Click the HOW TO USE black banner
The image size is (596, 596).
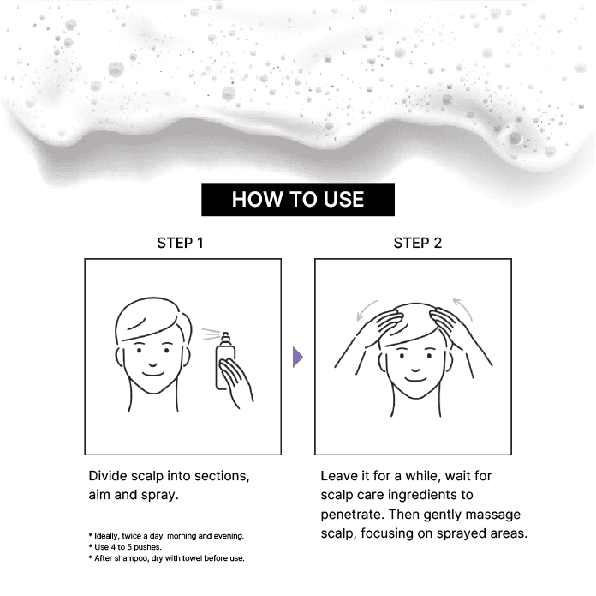[x=298, y=200]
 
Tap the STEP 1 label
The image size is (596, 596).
[x=180, y=243]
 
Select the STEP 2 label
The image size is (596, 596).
[x=417, y=243]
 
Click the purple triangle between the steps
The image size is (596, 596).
[x=298, y=357]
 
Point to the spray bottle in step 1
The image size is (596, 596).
[x=224, y=361]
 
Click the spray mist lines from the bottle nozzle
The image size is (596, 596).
[x=211, y=334]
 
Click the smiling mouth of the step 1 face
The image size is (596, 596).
[x=152, y=374]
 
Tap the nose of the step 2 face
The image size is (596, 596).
[x=415, y=370]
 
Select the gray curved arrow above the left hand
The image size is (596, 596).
[x=365, y=308]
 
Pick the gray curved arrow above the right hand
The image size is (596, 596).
[x=464, y=308]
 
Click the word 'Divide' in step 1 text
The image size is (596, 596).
[x=108, y=476]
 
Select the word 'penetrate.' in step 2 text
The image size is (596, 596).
[x=352, y=515]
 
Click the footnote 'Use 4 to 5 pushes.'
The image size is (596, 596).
[x=126, y=547]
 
